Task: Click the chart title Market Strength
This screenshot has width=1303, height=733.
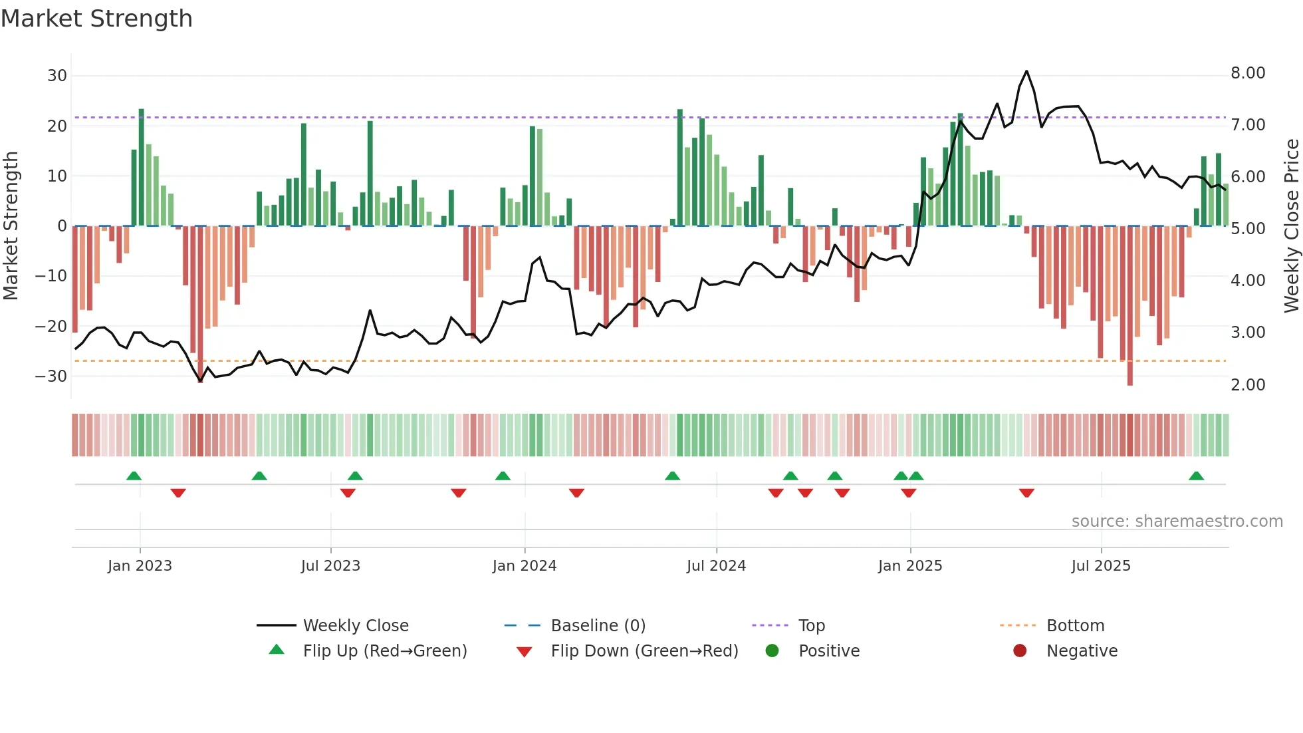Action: click(x=96, y=19)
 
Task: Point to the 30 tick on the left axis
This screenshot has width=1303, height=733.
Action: click(x=57, y=76)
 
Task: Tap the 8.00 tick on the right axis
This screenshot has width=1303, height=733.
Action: click(x=1248, y=73)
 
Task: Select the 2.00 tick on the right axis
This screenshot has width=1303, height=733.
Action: click(x=1248, y=385)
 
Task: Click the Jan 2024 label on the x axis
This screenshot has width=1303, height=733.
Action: click(x=525, y=566)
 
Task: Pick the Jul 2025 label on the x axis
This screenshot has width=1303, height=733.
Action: click(x=1101, y=566)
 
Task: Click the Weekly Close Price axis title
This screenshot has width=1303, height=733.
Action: click(x=1291, y=226)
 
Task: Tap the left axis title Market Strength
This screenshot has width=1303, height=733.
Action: click(x=11, y=226)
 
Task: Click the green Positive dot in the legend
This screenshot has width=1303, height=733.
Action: click(x=772, y=651)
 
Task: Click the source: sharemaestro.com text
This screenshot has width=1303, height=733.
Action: click(x=1177, y=521)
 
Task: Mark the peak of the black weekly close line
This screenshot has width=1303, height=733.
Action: click(x=1026, y=71)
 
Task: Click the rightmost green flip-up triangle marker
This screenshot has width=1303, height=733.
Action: click(x=1196, y=476)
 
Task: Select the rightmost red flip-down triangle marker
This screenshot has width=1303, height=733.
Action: click(x=1026, y=493)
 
